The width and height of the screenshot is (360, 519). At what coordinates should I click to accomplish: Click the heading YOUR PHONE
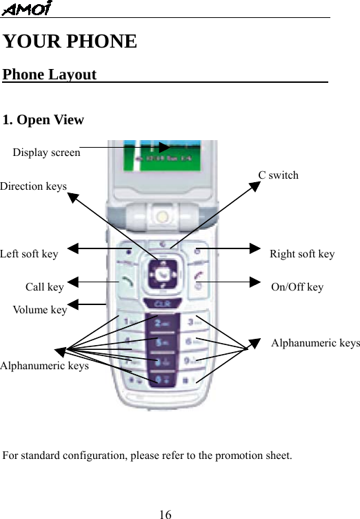70,41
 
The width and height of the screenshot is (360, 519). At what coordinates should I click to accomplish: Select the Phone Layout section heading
50,75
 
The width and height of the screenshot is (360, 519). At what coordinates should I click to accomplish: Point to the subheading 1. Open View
43,120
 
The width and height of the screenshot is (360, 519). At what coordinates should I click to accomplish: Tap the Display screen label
46,153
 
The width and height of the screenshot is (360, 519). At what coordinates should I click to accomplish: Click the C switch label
279,175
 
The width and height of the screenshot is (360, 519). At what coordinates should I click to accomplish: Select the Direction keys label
33,186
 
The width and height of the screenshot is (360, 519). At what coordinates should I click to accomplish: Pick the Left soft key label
29,254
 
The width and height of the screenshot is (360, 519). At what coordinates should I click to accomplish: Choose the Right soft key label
302,254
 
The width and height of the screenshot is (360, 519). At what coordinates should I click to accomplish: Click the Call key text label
44,287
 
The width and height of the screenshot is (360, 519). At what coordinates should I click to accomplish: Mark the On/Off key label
297,287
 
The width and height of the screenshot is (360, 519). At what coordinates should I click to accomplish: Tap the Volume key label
40,310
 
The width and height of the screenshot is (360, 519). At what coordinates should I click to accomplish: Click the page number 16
165,514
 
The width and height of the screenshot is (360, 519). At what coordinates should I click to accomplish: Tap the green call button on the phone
127,282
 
